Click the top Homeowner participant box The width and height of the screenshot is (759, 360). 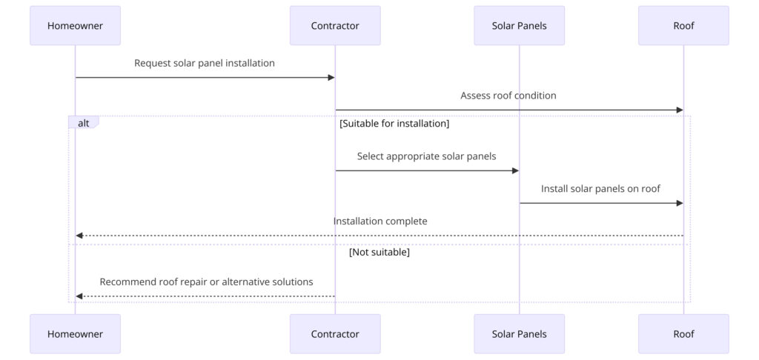click(x=75, y=26)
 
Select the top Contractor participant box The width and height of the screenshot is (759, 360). click(x=335, y=26)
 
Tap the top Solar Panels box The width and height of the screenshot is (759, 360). click(x=519, y=26)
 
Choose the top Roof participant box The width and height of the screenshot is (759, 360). click(x=683, y=26)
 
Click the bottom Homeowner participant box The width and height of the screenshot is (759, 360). click(x=75, y=334)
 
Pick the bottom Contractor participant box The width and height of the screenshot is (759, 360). click(x=335, y=334)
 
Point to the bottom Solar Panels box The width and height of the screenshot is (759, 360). click(x=519, y=334)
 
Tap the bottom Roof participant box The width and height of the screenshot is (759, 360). click(x=683, y=334)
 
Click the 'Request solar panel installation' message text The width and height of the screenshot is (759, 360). click(x=205, y=64)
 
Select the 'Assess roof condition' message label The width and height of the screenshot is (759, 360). click(x=508, y=96)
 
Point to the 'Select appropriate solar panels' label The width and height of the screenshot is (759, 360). click(x=427, y=156)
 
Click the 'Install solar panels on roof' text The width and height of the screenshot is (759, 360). click(x=600, y=189)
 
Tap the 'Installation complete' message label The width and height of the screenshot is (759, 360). click(x=380, y=221)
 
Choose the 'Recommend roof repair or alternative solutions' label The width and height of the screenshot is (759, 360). click(x=206, y=282)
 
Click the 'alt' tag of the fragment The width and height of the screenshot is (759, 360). click(x=84, y=123)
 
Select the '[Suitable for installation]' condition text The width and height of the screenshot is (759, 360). click(x=394, y=124)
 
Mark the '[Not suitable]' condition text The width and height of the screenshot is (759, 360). click(x=379, y=253)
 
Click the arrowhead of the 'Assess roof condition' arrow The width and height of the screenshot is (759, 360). click(x=679, y=110)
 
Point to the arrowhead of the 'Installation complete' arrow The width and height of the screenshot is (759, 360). click(x=79, y=236)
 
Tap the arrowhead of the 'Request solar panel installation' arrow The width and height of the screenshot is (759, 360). click(x=331, y=78)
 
